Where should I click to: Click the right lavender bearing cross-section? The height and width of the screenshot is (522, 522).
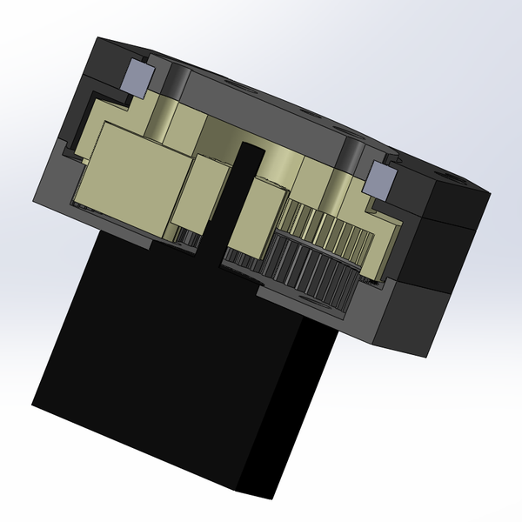(379, 180)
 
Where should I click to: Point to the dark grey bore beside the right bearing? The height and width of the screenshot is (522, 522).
(354, 157)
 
